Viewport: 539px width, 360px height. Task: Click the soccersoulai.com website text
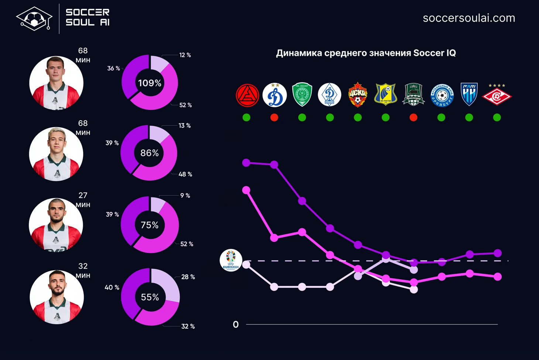point(468,18)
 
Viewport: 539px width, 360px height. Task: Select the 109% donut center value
point(150,83)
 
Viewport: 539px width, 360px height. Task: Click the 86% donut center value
point(150,153)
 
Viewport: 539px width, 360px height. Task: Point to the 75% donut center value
point(150,225)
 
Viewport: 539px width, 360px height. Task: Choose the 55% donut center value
point(150,297)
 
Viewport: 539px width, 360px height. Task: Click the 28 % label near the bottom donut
point(188,277)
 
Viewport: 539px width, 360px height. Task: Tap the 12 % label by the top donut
point(185,55)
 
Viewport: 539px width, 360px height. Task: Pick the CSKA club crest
point(358,95)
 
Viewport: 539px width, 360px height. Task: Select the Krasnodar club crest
point(413,94)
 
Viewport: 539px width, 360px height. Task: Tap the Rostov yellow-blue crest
point(385,94)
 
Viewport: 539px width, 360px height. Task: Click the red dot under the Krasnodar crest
point(413,117)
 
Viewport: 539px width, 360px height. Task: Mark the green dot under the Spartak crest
point(497,117)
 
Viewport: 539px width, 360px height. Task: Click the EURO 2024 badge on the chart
point(231,260)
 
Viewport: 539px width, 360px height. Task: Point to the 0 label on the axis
point(236,325)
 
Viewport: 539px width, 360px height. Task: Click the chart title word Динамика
point(299,53)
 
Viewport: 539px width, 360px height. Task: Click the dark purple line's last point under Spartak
point(497,253)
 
